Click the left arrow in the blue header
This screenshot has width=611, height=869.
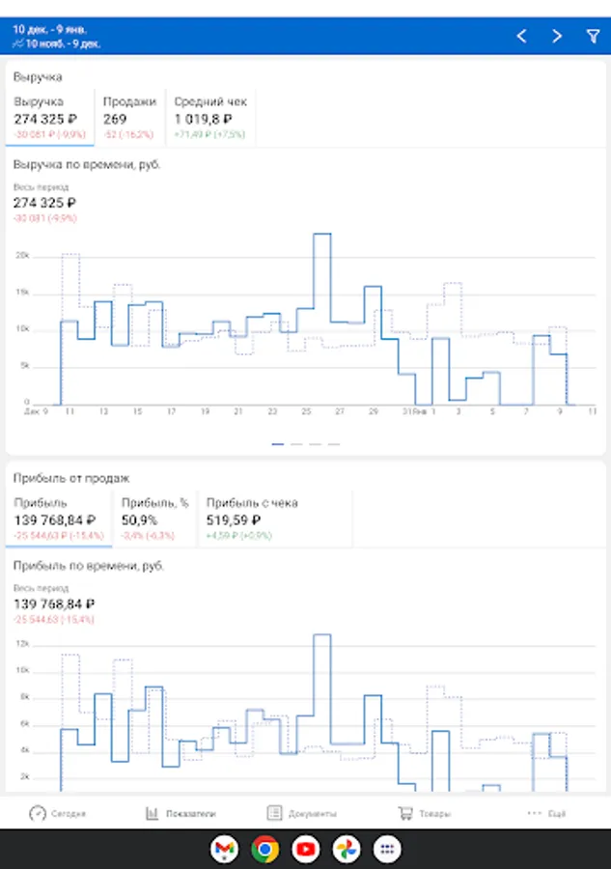point(521,36)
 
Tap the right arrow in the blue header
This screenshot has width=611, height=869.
point(557,36)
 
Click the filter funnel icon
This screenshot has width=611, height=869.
point(593,36)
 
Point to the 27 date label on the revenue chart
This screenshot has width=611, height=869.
point(340,411)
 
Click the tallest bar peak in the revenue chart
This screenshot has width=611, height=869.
point(322,235)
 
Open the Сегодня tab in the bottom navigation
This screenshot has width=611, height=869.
point(57,813)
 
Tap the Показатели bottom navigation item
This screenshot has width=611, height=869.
point(181,813)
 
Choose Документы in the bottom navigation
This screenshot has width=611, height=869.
point(302,813)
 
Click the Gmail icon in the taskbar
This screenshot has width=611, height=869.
point(224,849)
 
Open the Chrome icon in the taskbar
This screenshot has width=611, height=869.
point(264,849)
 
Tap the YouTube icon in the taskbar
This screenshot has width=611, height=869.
point(306,849)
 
